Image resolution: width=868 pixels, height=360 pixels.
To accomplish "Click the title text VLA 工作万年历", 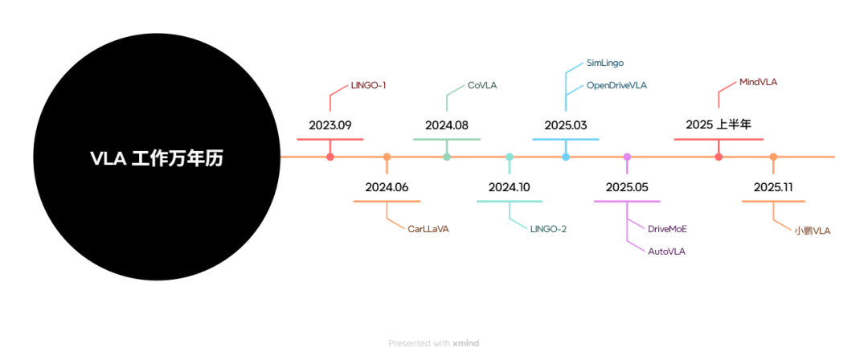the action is tap(156, 158).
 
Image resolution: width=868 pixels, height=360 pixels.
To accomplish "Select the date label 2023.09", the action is tap(330, 125).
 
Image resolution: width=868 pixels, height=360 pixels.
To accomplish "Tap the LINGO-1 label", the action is tap(369, 84).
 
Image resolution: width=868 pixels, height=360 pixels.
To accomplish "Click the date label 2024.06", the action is tap(387, 187).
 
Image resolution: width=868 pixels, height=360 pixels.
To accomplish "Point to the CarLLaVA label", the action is tap(428, 229).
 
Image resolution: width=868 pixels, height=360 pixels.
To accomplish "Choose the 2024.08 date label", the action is tap(447, 125).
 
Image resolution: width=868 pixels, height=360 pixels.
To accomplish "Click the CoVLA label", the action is tap(483, 84).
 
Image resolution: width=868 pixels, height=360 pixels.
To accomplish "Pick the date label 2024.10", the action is tap(510, 187).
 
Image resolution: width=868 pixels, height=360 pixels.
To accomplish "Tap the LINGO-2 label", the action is tap(549, 229).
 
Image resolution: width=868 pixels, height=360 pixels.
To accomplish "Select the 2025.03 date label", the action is tap(566, 125).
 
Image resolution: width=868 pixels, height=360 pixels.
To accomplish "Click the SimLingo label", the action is tap(605, 62).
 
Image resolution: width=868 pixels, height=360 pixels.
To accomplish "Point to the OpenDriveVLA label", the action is tap(617, 84).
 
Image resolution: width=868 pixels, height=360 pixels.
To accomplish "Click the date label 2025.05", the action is tap(627, 187).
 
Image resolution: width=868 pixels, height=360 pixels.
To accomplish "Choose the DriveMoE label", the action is tap(668, 229).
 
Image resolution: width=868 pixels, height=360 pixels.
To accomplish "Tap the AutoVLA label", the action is tap(667, 251).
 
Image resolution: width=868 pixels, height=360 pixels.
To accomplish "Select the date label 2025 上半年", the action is tap(719, 125).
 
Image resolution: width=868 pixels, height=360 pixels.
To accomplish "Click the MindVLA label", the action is tap(759, 82).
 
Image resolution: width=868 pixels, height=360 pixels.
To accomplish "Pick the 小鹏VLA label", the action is tap(813, 231).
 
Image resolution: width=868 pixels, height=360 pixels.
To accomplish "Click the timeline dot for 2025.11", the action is tap(773, 157).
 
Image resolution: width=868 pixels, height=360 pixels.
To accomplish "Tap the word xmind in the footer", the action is tap(466, 343).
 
